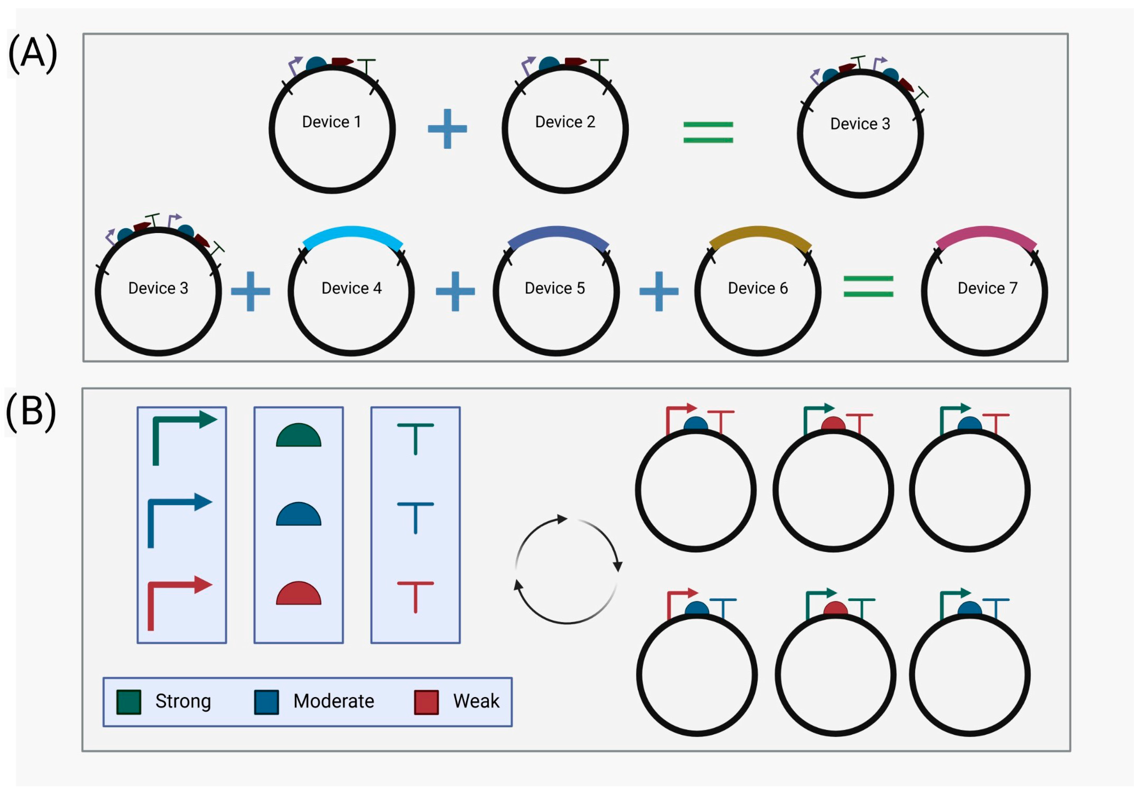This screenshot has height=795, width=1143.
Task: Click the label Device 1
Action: [332, 122]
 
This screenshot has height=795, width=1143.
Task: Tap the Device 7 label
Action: [987, 288]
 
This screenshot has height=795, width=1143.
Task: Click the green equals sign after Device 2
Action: [708, 132]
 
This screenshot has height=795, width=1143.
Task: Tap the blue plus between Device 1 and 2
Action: [447, 129]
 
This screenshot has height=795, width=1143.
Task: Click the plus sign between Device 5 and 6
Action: [659, 291]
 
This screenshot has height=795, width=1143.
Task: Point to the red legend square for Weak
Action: [426, 702]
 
